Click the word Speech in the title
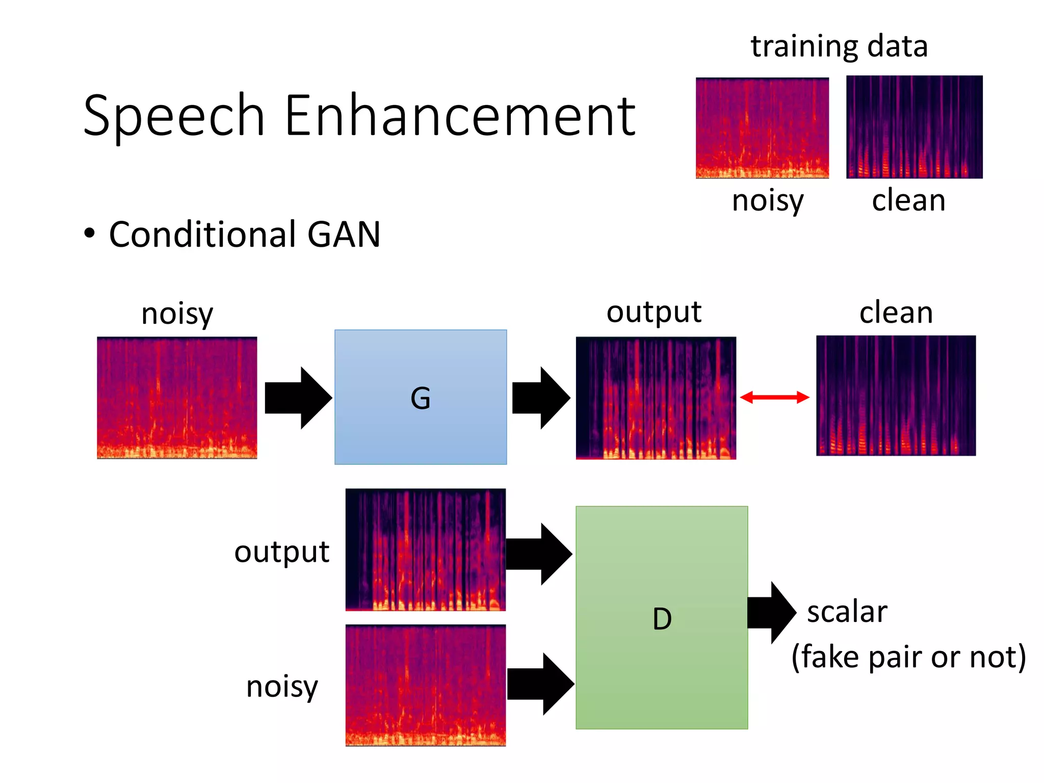pos(173,116)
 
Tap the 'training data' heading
pos(839,46)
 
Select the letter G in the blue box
pos(421,398)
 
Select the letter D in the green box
pos(662,619)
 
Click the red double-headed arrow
pos(774,398)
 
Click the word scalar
pos(847,612)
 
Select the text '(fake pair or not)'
pos(908,657)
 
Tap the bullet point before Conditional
pos(90,233)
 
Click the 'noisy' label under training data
pos(768,201)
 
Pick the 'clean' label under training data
pos(908,200)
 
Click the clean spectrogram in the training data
pos(914,127)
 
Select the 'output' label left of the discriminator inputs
pos(282,552)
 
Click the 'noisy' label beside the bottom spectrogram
pos(282,687)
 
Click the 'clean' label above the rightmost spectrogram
pos(896,312)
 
